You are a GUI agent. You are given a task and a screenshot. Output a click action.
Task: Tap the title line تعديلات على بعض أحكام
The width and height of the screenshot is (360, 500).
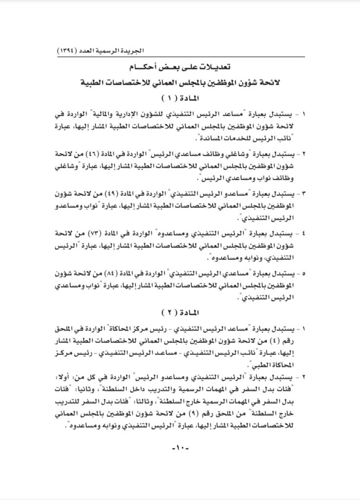180,66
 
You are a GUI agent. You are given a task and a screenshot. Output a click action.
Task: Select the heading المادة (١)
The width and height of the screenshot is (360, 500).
180,97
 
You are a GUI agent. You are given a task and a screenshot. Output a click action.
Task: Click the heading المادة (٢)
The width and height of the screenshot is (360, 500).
180,311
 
